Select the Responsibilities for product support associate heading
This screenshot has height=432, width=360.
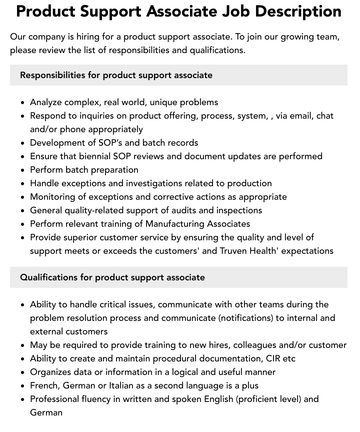pyautogui.click(x=116, y=75)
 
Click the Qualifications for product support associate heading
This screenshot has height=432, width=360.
pyautogui.click(x=112, y=277)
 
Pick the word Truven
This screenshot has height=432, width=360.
pyautogui.click(x=235, y=251)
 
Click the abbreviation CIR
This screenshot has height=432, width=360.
pyautogui.click(x=272, y=358)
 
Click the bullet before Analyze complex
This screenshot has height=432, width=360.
pyautogui.click(x=23, y=103)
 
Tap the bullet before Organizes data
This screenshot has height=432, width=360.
pyautogui.click(x=23, y=372)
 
